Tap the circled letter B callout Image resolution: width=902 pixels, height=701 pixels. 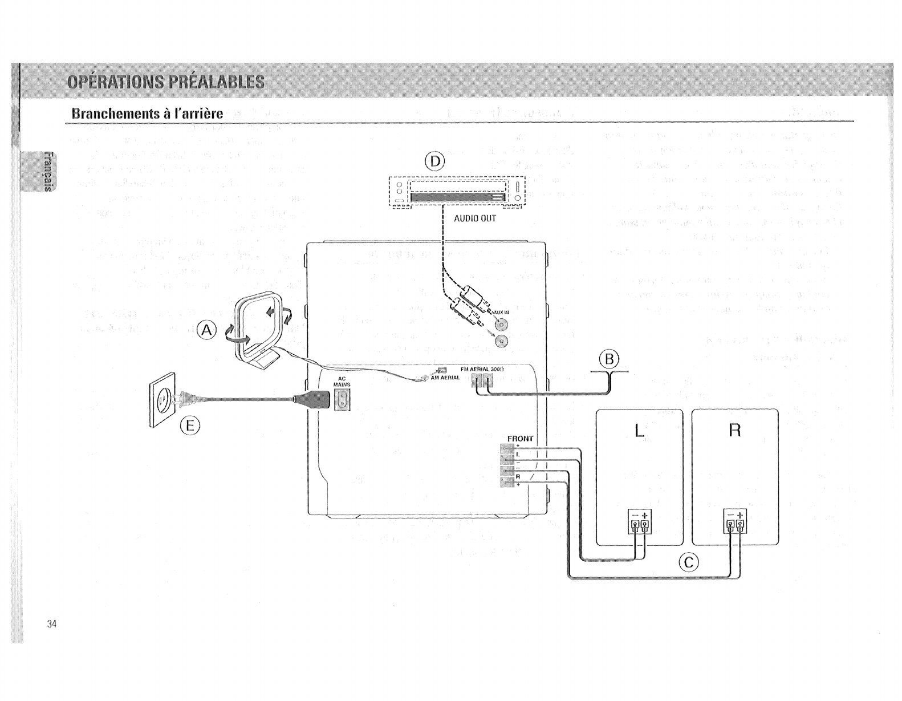click(610, 359)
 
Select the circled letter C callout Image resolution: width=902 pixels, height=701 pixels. click(688, 563)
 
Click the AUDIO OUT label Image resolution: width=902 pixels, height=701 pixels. click(475, 218)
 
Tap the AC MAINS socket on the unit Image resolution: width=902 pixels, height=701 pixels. click(342, 399)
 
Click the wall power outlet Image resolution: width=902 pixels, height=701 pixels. click(161, 399)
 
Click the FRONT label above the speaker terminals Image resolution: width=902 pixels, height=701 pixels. click(520, 439)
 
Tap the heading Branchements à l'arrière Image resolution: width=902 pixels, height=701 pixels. click(147, 113)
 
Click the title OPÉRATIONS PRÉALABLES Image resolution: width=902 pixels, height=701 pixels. click(166, 82)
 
